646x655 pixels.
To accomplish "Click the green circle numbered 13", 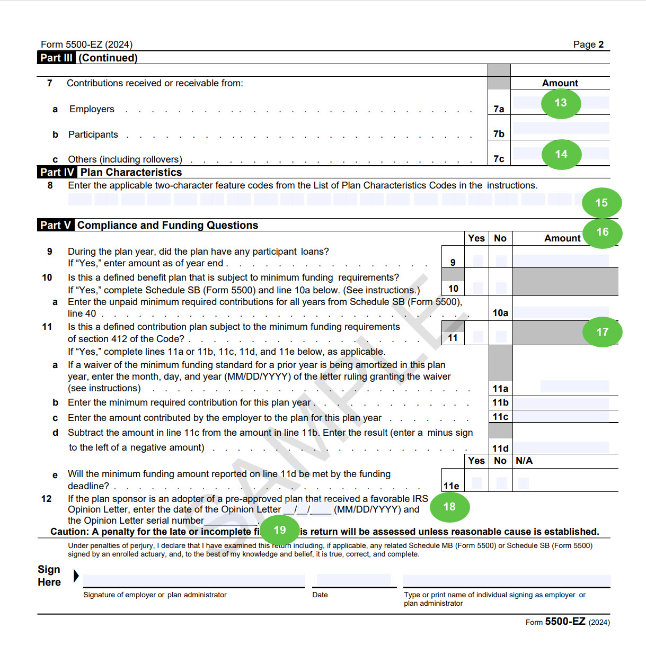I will click(x=561, y=103).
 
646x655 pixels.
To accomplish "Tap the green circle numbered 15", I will click(x=601, y=203).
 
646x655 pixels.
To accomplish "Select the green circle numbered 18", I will click(x=449, y=507).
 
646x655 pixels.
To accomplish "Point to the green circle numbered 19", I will click(x=280, y=530).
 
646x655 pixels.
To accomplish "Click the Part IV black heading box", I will click(x=57, y=172).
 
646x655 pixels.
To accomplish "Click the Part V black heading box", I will click(x=55, y=225).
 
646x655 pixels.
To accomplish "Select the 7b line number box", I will click(x=499, y=134).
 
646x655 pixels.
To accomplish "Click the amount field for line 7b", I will click(x=561, y=128).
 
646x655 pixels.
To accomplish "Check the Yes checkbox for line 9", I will click(x=478, y=261).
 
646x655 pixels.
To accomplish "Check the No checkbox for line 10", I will click(x=501, y=288).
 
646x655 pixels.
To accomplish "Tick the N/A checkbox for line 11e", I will click(x=524, y=483).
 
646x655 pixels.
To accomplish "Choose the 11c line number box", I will click(x=500, y=417).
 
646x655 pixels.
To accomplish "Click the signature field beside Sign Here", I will click(x=194, y=580).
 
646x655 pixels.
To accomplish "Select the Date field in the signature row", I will click(x=354, y=580).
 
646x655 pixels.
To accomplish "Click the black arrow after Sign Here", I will click(x=76, y=576).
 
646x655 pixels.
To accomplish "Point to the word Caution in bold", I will click(x=69, y=532).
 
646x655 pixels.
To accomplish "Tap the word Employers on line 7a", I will click(x=92, y=109).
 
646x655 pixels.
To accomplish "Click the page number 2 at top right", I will click(x=601, y=44).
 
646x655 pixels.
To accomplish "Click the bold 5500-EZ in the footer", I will click(x=565, y=622).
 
